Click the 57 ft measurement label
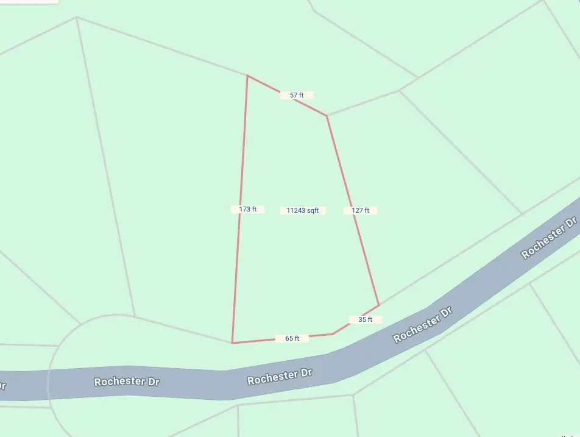pos(297,95)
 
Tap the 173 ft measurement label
pos(247,209)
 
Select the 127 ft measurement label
pos(360,210)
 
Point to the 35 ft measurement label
pos(366,319)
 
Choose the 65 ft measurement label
pos(292,338)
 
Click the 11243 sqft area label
pos(303,210)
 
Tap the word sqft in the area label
pos(313,210)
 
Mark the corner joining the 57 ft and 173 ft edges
pos(247,76)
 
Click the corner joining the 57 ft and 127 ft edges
pos(327,115)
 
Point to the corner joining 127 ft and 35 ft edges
pos(379,305)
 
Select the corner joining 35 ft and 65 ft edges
pos(333,333)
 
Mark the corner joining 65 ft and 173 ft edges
pos(232,343)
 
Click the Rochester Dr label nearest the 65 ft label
pos(280,376)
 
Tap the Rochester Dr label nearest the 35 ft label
pos(423,324)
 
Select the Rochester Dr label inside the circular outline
pos(127,382)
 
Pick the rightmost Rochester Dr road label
pos(549,236)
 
